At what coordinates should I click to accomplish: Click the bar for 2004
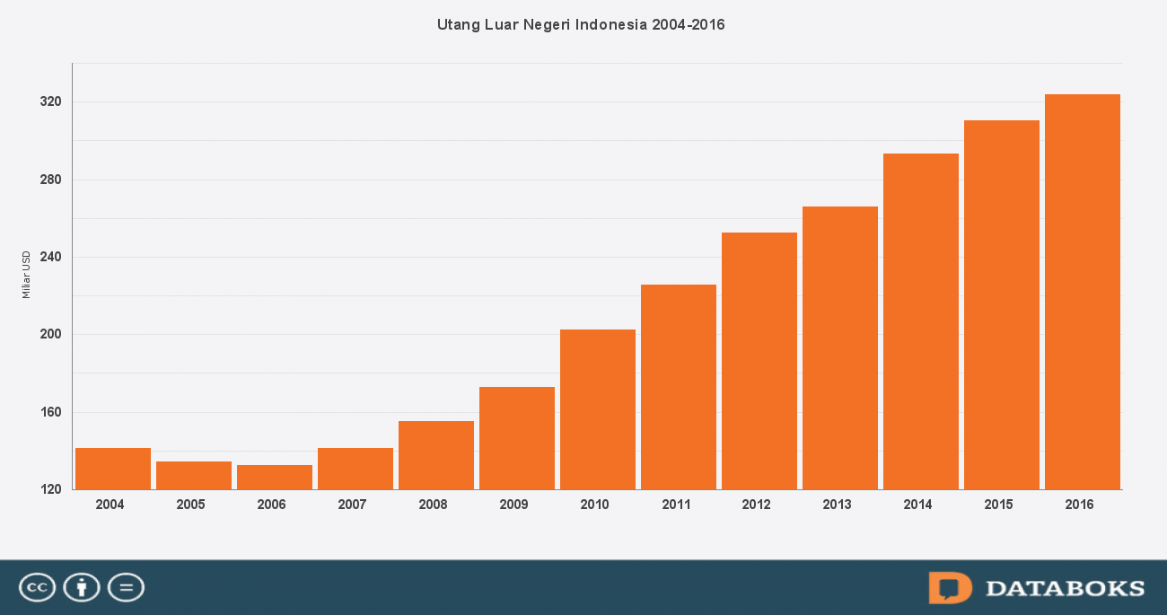113,468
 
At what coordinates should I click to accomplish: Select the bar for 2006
275,477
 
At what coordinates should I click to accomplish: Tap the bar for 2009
517,438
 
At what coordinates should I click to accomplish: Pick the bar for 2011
679,387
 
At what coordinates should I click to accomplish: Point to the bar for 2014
921,321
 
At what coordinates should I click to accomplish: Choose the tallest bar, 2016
1083,292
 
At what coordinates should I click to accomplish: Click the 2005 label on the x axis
190,505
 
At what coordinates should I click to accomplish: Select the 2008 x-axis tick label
433,505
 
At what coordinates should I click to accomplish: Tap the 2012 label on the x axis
756,505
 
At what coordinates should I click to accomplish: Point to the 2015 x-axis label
998,505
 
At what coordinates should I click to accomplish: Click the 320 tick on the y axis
50,102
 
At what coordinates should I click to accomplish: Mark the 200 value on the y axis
50,335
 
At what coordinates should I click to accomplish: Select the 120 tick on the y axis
50,490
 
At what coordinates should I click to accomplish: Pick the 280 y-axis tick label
50,180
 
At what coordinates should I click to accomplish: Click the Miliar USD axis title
26,275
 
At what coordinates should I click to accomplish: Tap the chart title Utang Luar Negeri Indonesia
581,24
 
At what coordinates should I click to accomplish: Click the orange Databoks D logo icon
950,588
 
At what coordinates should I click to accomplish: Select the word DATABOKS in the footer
1066,589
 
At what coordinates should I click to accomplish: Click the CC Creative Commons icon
37,588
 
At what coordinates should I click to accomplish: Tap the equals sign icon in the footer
126,588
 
